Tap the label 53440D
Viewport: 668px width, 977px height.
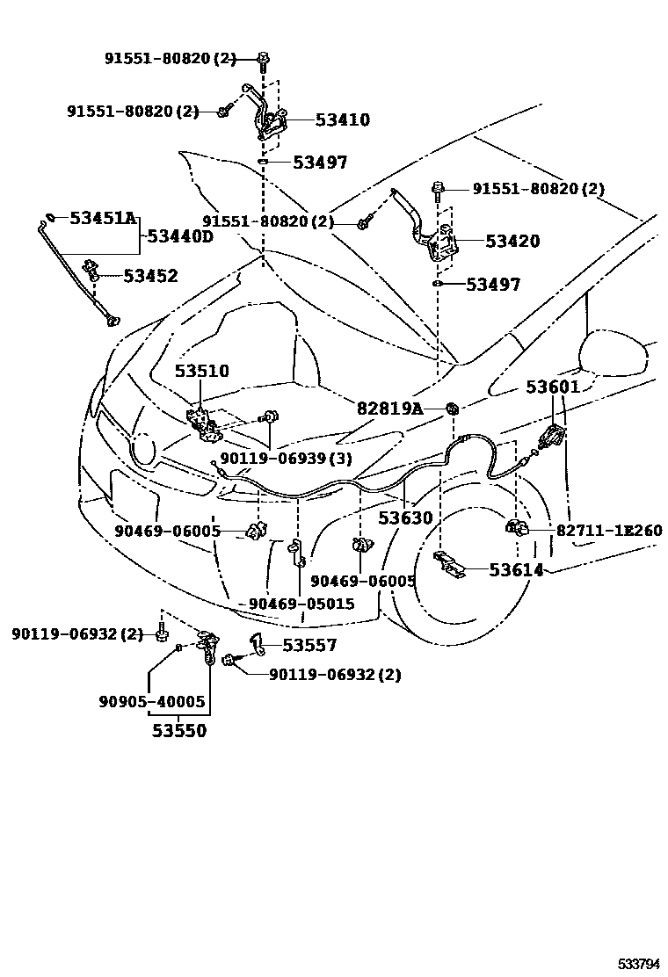pyautogui.click(x=179, y=236)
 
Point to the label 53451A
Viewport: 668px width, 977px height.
pyautogui.click(x=103, y=218)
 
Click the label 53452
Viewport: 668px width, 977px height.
pyautogui.click(x=150, y=276)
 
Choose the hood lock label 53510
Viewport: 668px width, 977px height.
pyautogui.click(x=201, y=372)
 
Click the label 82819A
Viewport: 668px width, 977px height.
pyautogui.click(x=389, y=409)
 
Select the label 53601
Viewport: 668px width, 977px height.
pyautogui.click(x=554, y=387)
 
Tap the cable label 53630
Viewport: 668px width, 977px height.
pyautogui.click(x=406, y=518)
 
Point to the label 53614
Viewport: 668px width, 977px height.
pyautogui.click(x=516, y=570)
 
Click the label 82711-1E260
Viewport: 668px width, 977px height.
pyautogui.click(x=608, y=531)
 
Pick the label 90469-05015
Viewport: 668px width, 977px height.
pyautogui.click(x=301, y=604)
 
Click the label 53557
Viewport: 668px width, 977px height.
pyautogui.click(x=309, y=646)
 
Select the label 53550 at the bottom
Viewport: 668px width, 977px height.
pyautogui.click(x=178, y=730)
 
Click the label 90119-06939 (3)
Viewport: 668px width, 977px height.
pyautogui.click(x=273, y=458)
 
